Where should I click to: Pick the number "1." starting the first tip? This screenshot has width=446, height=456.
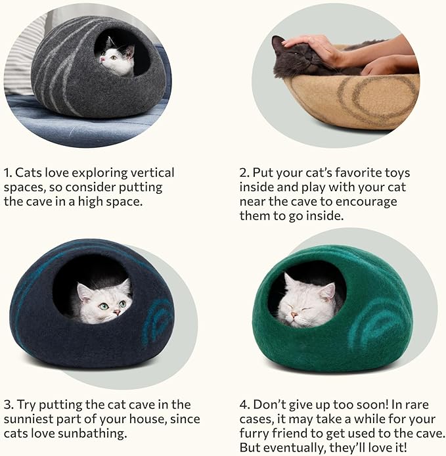(8, 173)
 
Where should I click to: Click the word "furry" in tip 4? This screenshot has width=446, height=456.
(256, 434)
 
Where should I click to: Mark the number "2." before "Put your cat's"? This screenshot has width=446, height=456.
(244, 173)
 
